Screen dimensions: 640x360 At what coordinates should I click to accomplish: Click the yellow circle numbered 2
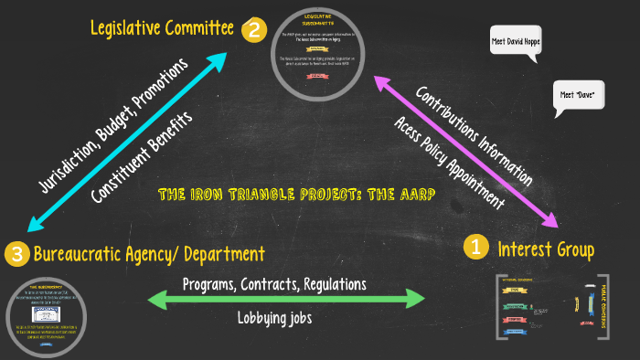(x=253, y=30)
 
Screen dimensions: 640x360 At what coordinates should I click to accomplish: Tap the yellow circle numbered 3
(x=16, y=253)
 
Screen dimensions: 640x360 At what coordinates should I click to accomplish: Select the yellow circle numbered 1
(x=475, y=247)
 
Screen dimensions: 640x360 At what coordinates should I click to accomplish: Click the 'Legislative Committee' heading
(x=162, y=28)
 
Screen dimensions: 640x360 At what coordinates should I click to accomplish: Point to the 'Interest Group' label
(x=545, y=248)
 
